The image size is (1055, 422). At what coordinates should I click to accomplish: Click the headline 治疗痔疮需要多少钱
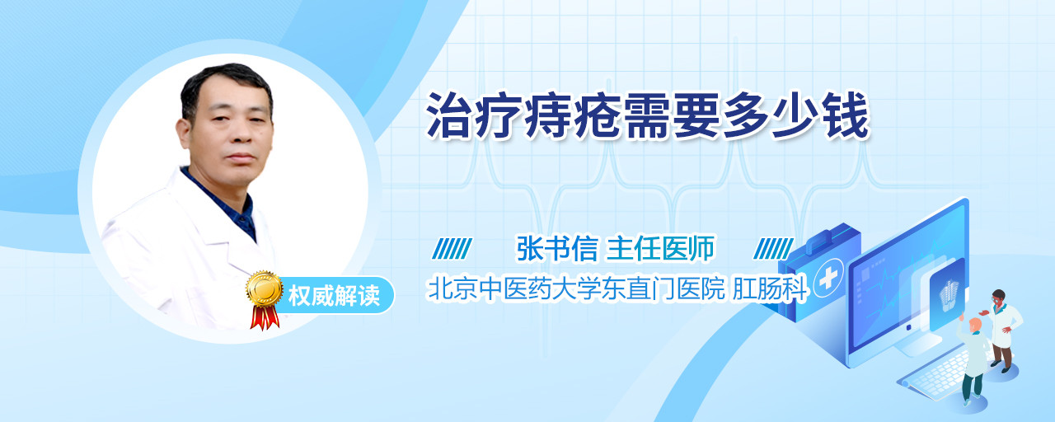(648, 116)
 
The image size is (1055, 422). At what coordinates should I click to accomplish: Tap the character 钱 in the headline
(846, 116)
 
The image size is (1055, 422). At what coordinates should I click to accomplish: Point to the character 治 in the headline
(449, 116)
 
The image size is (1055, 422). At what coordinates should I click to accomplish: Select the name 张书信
(556, 248)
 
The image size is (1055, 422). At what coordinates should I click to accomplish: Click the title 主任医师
(661, 248)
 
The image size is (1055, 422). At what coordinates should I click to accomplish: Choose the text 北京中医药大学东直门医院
(576, 288)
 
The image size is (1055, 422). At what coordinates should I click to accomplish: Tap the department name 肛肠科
(771, 288)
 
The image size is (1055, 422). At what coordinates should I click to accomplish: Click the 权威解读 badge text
(334, 296)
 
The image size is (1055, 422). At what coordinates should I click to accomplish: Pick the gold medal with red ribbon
(265, 299)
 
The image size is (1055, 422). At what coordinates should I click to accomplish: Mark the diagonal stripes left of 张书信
(452, 249)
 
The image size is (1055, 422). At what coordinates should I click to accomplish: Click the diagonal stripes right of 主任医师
(773, 249)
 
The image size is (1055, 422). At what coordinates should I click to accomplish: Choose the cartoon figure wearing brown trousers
(1001, 330)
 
